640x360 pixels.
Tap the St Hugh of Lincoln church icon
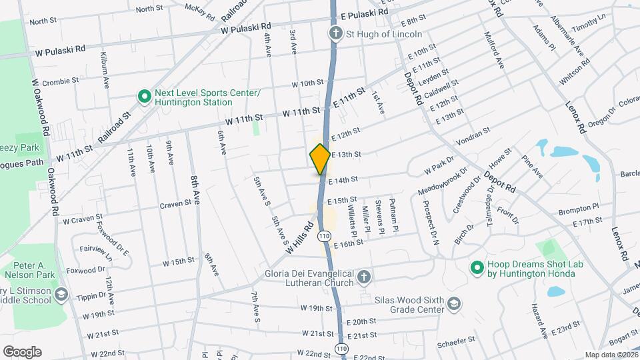tap(335, 33)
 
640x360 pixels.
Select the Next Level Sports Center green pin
tap(143, 97)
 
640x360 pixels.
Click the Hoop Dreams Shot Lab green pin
tap(476, 269)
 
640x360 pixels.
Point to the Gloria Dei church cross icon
tap(363, 276)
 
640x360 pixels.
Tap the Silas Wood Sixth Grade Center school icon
tap(454, 304)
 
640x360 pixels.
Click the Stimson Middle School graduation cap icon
tap(61, 295)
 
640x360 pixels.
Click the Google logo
tap(22, 352)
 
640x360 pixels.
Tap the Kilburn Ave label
tap(105, 70)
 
